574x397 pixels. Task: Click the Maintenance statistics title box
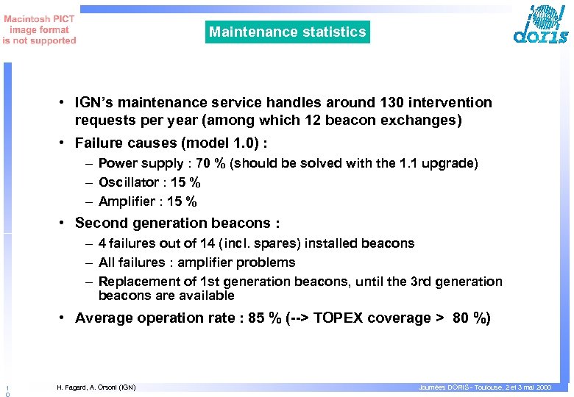click(x=287, y=32)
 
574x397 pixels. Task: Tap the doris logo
click(x=541, y=26)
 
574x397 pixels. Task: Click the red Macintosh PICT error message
click(x=39, y=30)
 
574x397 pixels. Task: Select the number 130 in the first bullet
click(x=384, y=103)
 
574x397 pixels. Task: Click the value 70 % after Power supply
click(x=210, y=163)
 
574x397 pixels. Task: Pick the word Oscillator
click(x=127, y=182)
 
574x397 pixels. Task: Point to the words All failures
click(x=127, y=262)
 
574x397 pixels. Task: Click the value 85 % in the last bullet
click(x=261, y=318)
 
